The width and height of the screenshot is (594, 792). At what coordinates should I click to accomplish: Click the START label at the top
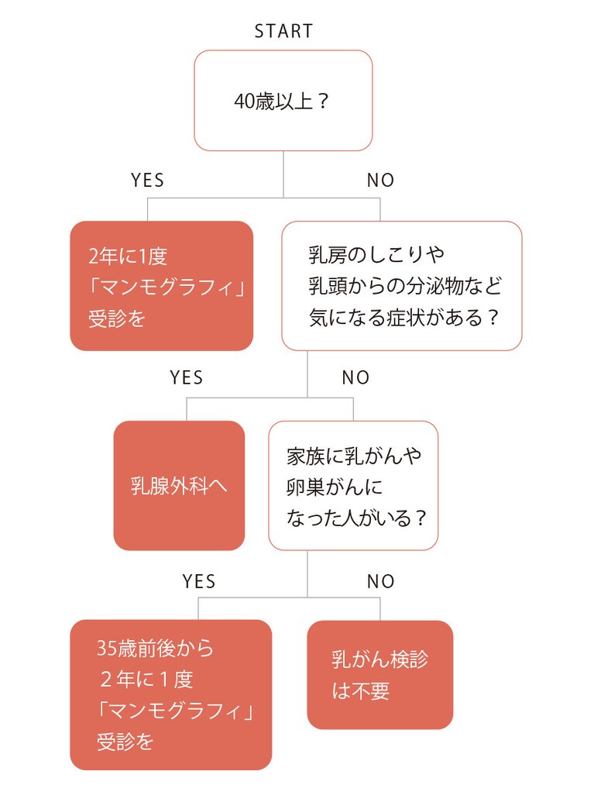pos(283,32)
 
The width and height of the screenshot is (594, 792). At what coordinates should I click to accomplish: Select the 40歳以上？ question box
pos(283,101)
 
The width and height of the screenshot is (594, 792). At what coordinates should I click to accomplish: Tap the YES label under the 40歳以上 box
pos(147,181)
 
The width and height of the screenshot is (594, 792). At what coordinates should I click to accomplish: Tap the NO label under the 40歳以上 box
pos(380,181)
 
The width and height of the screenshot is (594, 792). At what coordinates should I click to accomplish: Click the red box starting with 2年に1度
pos(162,286)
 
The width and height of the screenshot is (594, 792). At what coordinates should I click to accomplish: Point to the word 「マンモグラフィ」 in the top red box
pos(166,288)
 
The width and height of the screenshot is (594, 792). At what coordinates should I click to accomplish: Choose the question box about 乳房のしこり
pos(401,286)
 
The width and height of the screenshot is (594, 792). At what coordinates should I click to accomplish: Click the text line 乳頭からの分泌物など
pos(405,286)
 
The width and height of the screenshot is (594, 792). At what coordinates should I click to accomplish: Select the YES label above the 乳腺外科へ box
pos(186,378)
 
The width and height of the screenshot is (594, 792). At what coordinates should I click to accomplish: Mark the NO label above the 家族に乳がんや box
pos(355,378)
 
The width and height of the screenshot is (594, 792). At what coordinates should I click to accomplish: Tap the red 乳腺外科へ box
pos(179,486)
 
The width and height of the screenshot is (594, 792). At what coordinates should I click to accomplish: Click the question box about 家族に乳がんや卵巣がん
pos(353,486)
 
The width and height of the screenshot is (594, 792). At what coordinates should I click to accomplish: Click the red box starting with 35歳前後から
pos(171,694)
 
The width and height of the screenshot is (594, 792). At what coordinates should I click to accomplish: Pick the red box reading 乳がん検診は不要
pos(380,675)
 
